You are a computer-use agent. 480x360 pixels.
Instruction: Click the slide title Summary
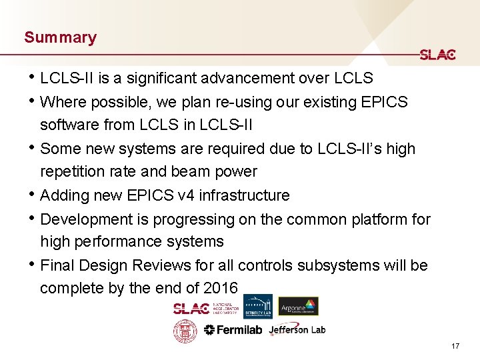click(x=60, y=37)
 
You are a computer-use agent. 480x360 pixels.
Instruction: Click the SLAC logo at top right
click(x=437, y=55)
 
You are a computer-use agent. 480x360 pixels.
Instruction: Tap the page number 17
click(x=455, y=346)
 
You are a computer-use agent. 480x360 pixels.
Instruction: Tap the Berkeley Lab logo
click(x=257, y=307)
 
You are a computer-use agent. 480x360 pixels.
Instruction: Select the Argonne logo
click(x=298, y=306)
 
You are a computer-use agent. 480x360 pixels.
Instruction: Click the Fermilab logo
click(x=233, y=330)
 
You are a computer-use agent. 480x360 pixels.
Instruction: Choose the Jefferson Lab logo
click(x=297, y=330)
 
